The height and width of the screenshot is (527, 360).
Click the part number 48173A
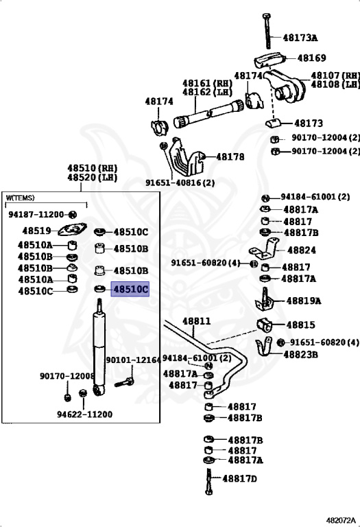tap(300, 37)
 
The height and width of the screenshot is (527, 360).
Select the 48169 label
tap(311, 58)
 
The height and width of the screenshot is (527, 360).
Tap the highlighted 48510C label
tap(130, 289)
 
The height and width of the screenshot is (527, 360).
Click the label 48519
tap(36, 231)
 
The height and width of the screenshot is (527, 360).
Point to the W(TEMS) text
tap(20, 198)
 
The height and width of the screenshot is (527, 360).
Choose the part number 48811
tap(197, 321)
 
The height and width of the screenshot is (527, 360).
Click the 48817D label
tap(239, 478)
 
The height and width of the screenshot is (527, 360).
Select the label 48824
tap(302, 250)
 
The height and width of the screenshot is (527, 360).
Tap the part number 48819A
tap(304, 301)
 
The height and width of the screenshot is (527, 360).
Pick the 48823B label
tap(300, 354)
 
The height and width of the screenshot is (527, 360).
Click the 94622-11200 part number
tap(84, 414)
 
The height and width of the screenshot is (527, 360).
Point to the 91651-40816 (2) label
tap(180, 183)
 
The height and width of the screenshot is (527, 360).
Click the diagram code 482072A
tap(341, 521)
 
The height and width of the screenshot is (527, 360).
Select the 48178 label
tap(230, 156)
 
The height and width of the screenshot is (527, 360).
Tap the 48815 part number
tap(301, 325)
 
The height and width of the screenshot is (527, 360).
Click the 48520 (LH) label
tap(93, 177)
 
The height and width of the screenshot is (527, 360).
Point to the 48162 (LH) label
tap(208, 91)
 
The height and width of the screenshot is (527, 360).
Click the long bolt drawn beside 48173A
tap(267, 31)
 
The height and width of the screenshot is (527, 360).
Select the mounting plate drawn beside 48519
tap(72, 230)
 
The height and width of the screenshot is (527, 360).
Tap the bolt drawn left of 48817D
tap(208, 481)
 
